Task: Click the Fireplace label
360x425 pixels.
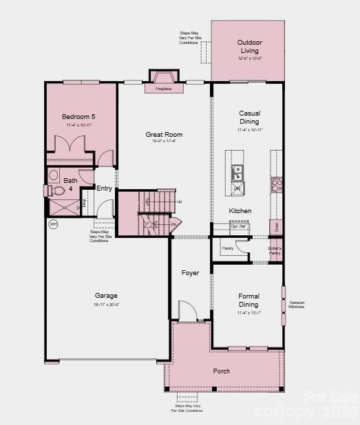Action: pyautogui.click(x=163, y=89)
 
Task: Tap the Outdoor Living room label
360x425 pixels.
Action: pyautogui.click(x=248, y=46)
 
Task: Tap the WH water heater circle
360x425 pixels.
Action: pyautogui.click(x=53, y=224)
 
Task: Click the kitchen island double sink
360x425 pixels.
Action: pyautogui.click(x=237, y=171)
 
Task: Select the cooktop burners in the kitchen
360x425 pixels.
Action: pyautogui.click(x=276, y=184)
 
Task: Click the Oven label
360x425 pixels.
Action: pyautogui.click(x=275, y=226)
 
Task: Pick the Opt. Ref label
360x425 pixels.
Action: pyautogui.click(x=239, y=226)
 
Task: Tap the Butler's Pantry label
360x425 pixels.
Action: pyautogui.click(x=275, y=250)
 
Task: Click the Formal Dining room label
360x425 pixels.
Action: pyautogui.click(x=248, y=300)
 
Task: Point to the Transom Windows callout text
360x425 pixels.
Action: pyautogui.click(x=297, y=305)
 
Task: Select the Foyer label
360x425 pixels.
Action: pyautogui.click(x=190, y=273)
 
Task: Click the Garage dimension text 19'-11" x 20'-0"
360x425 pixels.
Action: pyautogui.click(x=106, y=304)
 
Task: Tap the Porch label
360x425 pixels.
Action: pyautogui.click(x=221, y=371)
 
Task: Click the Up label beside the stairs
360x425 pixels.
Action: pyautogui.click(x=180, y=201)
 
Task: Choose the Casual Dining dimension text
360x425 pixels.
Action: pyautogui.click(x=249, y=129)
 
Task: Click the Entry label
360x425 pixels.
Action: pyautogui.click(x=104, y=188)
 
